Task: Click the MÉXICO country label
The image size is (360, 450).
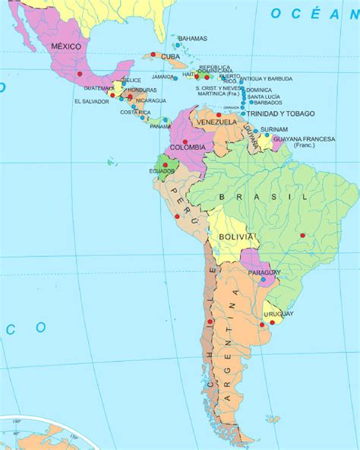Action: coord(65,46)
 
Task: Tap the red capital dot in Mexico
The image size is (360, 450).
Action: coord(79,74)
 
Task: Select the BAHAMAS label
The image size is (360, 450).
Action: coord(192,37)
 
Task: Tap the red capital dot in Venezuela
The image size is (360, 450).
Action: coord(218,115)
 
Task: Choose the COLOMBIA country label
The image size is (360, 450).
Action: coord(187,147)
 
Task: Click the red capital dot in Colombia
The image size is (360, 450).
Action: coord(185,141)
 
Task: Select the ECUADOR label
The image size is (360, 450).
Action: coord(161,171)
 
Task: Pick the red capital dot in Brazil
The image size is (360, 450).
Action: coord(302,234)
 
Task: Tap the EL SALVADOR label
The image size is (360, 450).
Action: coord(90,101)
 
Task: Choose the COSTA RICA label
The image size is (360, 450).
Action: coord(134,112)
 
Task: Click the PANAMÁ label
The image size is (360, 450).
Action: coord(159,126)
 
